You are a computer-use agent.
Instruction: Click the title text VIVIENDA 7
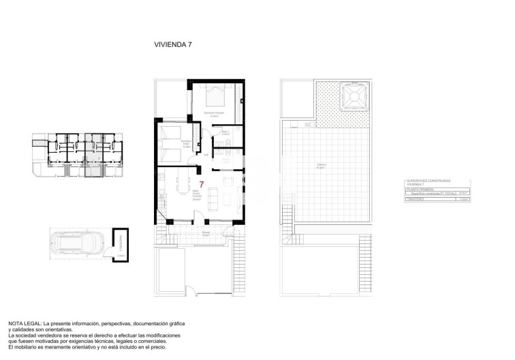point(173,44)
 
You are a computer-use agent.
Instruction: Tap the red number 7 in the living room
point(202,184)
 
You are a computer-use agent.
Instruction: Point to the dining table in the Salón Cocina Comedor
point(183,182)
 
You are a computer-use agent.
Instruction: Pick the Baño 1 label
point(226,132)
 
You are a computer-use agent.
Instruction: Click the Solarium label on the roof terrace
point(321,165)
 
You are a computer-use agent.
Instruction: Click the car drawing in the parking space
point(77,243)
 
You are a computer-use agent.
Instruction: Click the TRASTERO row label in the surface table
point(413,198)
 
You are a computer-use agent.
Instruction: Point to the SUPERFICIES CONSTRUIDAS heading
point(430,179)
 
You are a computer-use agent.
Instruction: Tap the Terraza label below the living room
point(206,233)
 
